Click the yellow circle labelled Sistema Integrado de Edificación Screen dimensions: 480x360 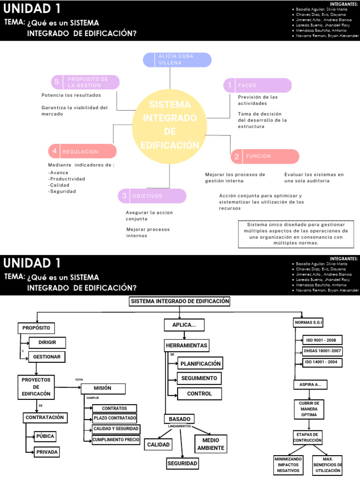point(170,124)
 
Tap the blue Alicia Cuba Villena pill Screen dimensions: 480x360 point(177,60)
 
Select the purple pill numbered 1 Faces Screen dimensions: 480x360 point(257,85)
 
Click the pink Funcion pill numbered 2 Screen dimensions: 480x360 point(265,156)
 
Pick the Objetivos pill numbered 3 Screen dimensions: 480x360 point(152,196)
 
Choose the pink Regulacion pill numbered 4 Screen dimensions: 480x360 point(82,151)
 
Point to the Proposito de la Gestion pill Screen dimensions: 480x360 point(85,82)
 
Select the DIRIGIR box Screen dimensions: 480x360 point(47,343)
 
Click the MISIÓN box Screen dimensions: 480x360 point(103,389)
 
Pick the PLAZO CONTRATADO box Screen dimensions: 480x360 point(115,418)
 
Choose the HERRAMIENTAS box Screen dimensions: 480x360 point(187,346)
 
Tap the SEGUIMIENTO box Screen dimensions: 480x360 point(199,378)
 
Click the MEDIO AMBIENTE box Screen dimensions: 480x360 point(211,444)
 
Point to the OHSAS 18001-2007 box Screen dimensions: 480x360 point(323,352)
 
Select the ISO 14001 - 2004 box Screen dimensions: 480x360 point(323,362)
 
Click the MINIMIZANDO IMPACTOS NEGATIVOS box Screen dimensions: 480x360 point(288,465)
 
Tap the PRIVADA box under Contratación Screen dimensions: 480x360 point(47,452)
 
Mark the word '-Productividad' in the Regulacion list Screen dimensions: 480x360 point(67,179)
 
